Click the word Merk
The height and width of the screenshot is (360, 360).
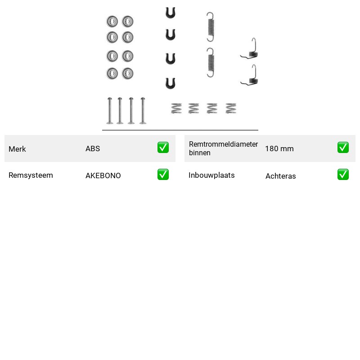click(x=17, y=149)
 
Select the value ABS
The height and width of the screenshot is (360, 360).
click(x=93, y=148)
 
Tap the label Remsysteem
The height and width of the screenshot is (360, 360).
click(x=31, y=175)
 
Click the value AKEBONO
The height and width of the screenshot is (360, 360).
click(x=103, y=175)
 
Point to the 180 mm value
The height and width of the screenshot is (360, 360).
click(x=279, y=148)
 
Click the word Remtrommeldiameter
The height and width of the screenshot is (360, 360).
click(x=223, y=144)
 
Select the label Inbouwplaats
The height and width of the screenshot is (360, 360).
click(x=211, y=175)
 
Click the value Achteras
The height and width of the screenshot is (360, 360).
click(x=280, y=176)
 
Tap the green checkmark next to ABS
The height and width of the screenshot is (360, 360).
click(x=163, y=148)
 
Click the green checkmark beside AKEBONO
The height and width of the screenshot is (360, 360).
click(x=163, y=175)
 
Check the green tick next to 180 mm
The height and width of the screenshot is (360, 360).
click(x=343, y=148)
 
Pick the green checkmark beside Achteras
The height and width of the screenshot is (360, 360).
click(x=343, y=175)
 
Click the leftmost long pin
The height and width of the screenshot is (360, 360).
click(x=109, y=111)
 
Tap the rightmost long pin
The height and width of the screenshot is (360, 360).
click(x=143, y=111)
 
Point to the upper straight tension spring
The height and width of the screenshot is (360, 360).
click(x=211, y=27)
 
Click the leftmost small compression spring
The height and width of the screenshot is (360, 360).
click(x=176, y=108)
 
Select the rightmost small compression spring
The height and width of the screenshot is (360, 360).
click(x=231, y=108)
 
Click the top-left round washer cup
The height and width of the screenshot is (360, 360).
click(x=112, y=22)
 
